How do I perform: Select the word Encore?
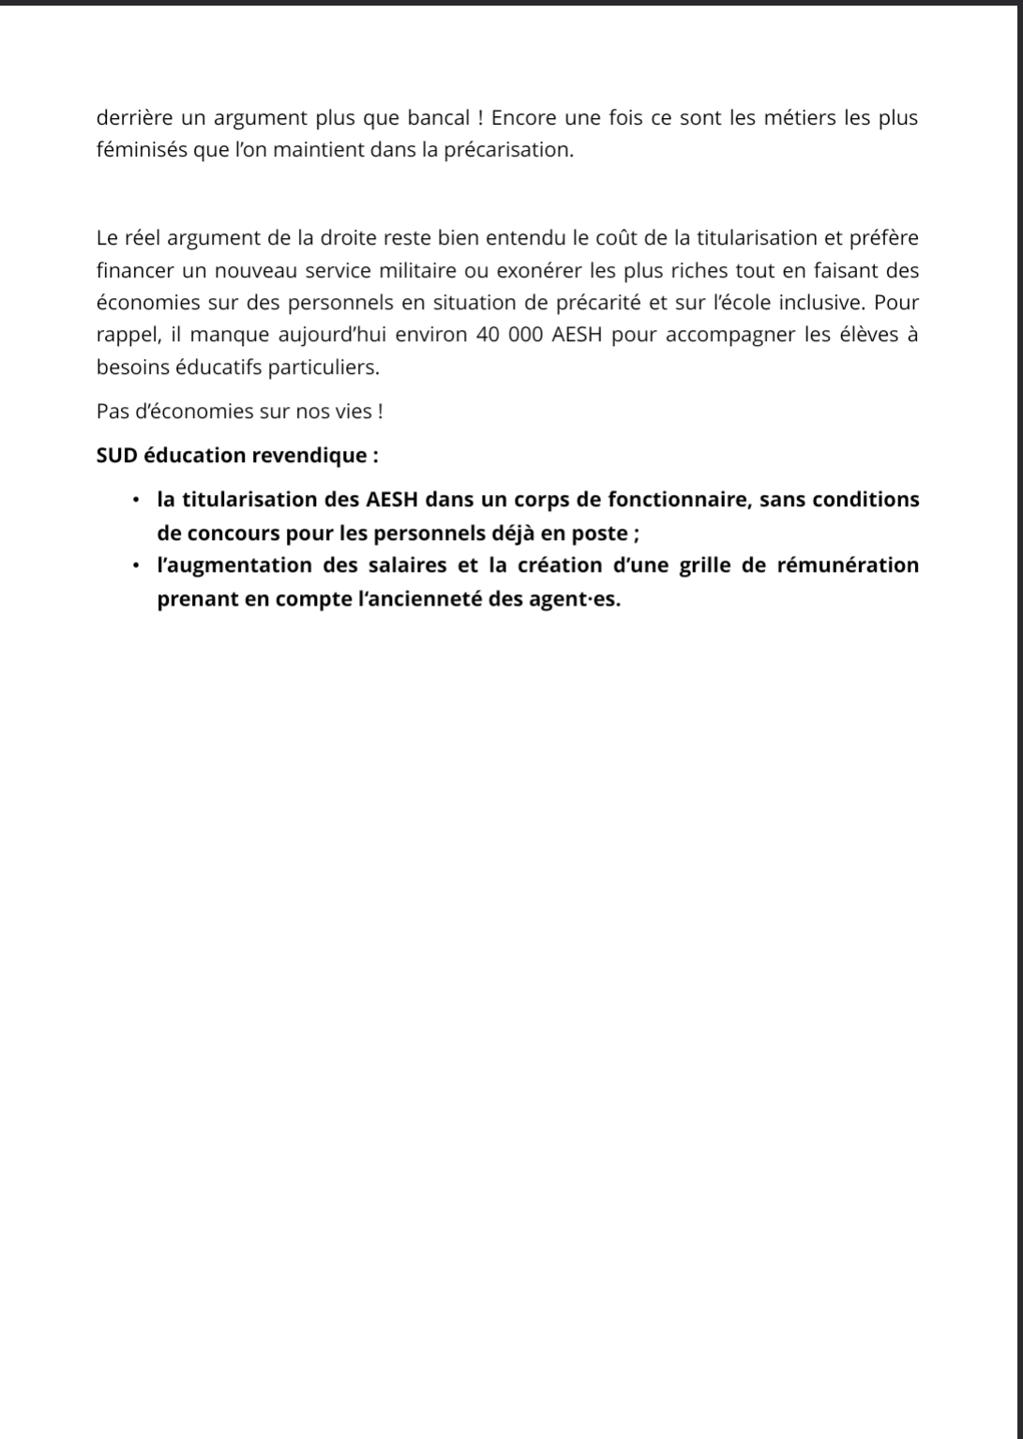(524, 118)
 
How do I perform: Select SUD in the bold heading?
(116, 456)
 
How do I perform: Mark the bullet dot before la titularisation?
(136, 499)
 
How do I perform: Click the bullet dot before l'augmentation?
(136, 565)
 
